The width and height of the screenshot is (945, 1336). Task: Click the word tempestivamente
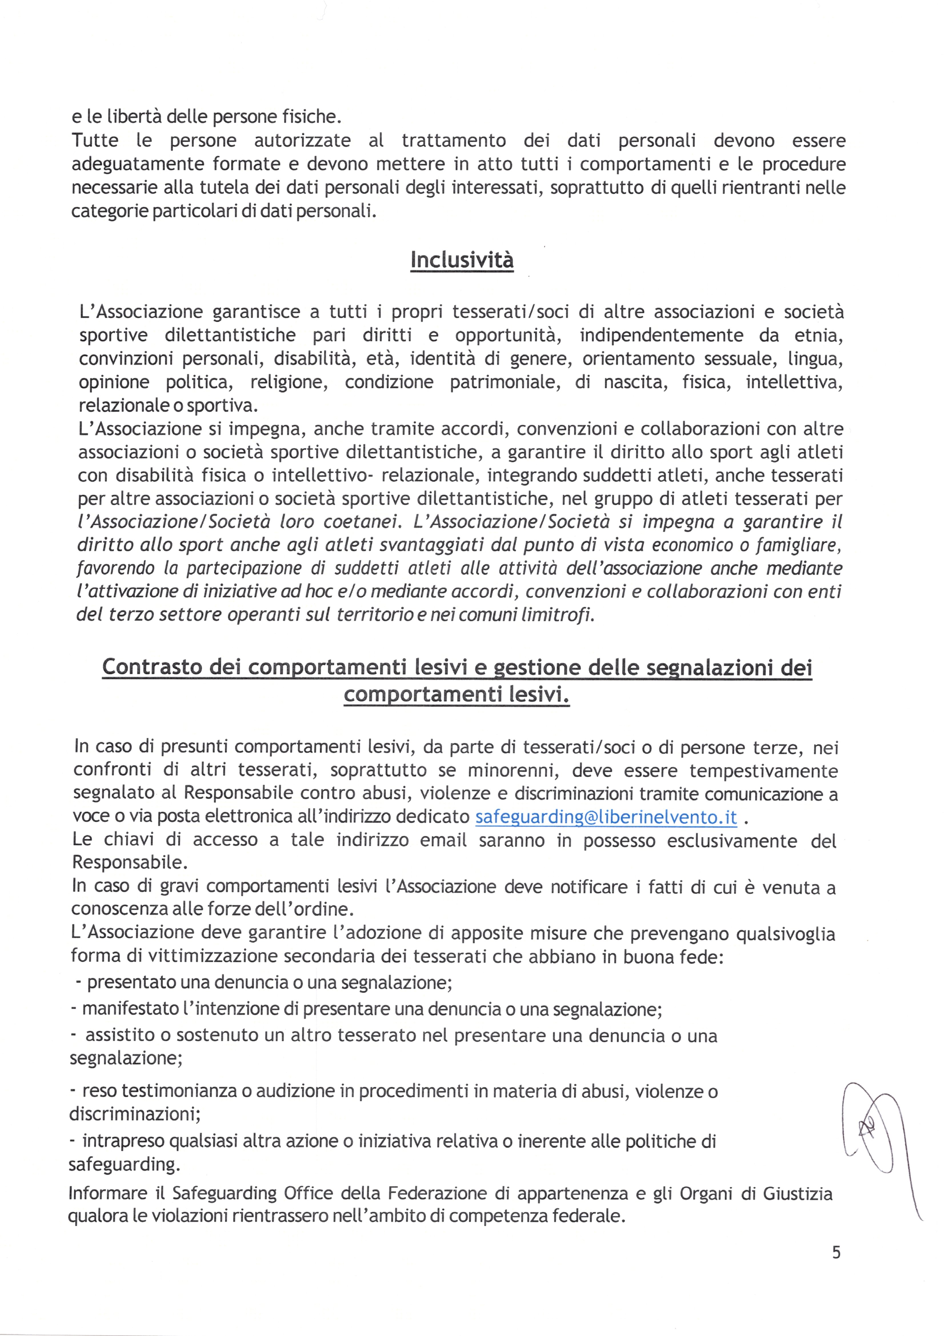pos(763,771)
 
